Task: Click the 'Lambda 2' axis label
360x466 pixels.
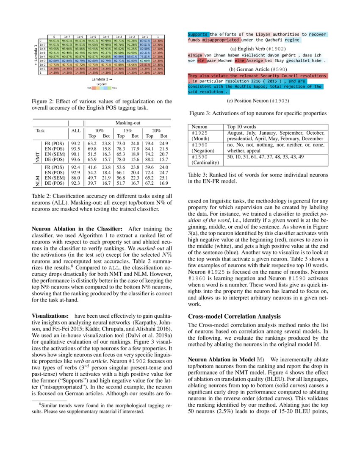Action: coord(102,79)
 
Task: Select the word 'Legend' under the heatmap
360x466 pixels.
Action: coord(101,83)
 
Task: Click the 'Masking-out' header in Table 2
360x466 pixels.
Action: coord(128,123)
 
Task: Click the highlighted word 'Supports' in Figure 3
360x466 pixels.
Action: coord(198,34)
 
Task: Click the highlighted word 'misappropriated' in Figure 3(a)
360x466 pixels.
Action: coord(221,40)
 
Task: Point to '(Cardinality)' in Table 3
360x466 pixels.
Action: coord(205,162)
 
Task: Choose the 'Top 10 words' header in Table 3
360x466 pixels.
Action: coord(242,127)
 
